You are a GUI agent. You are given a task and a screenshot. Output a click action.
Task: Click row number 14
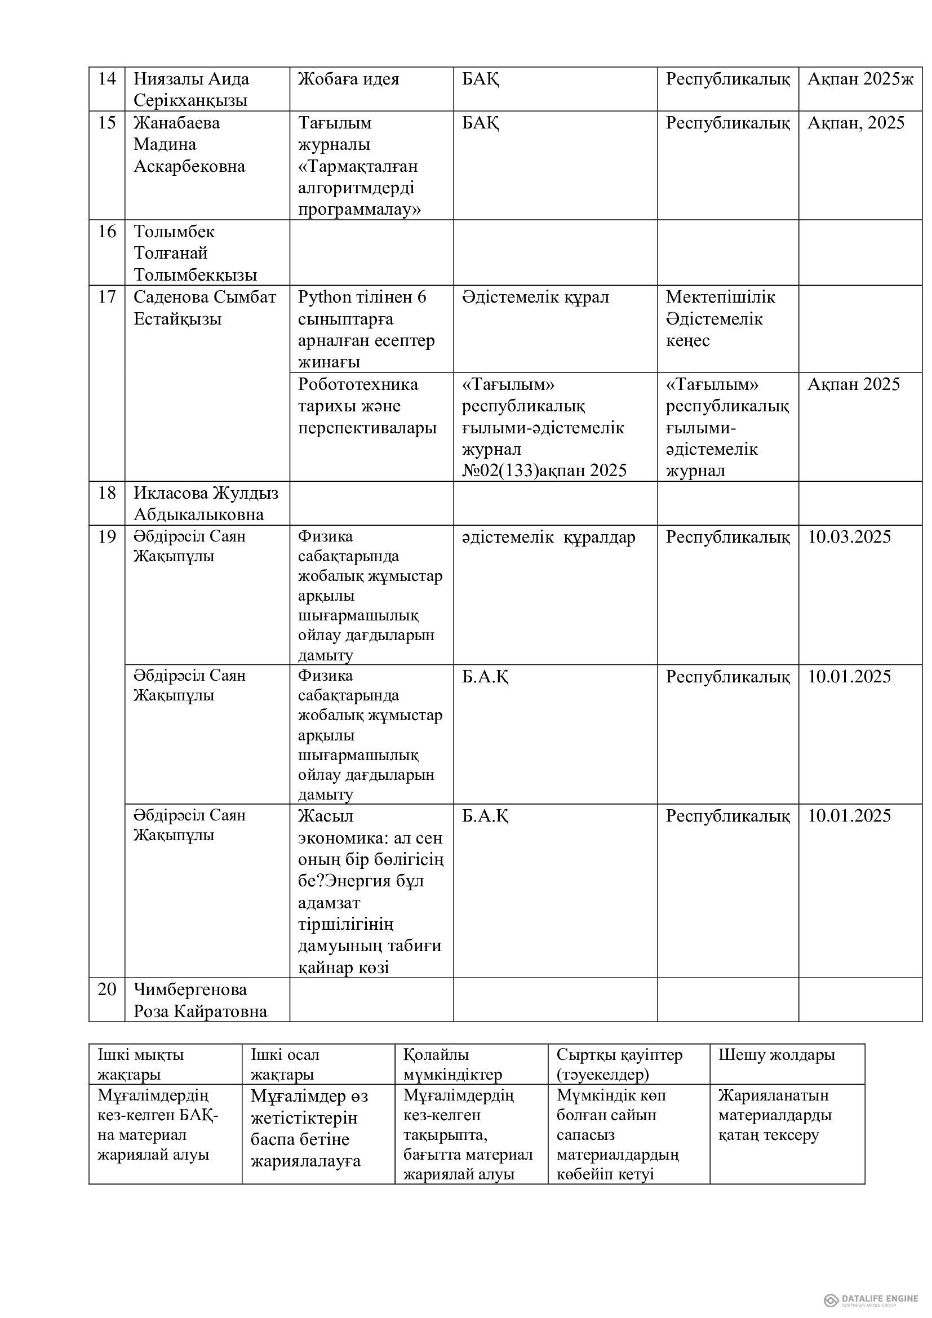pos(106,79)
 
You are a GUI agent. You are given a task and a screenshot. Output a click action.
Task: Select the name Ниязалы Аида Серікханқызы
pos(191,90)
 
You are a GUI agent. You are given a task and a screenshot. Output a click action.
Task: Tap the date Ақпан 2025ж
pos(860,79)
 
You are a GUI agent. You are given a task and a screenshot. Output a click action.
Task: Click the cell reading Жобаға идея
pos(348,79)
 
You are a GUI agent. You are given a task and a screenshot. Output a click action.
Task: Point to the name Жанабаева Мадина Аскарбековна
pos(189,145)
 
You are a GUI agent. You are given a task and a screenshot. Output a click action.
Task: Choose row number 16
pos(106,232)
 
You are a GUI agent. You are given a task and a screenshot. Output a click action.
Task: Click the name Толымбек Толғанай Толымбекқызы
pos(195,253)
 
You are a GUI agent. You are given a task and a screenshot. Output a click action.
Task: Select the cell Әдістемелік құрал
pos(535,298)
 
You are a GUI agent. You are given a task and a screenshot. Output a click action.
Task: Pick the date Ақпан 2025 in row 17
pos(853,384)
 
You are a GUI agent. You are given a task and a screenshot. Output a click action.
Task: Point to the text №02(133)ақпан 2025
pos(544,471)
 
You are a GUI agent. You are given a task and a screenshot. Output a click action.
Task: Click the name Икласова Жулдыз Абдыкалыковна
pos(206,503)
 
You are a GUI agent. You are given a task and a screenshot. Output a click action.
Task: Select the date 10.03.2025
pos(849,537)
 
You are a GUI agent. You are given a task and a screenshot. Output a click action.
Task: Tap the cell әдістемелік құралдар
pos(548,538)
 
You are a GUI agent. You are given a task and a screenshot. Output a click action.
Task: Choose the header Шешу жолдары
pos(776,1054)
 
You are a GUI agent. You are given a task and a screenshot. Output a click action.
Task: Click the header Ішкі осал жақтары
pos(285,1064)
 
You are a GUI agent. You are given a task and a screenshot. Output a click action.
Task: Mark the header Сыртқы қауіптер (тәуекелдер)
pos(619,1064)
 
